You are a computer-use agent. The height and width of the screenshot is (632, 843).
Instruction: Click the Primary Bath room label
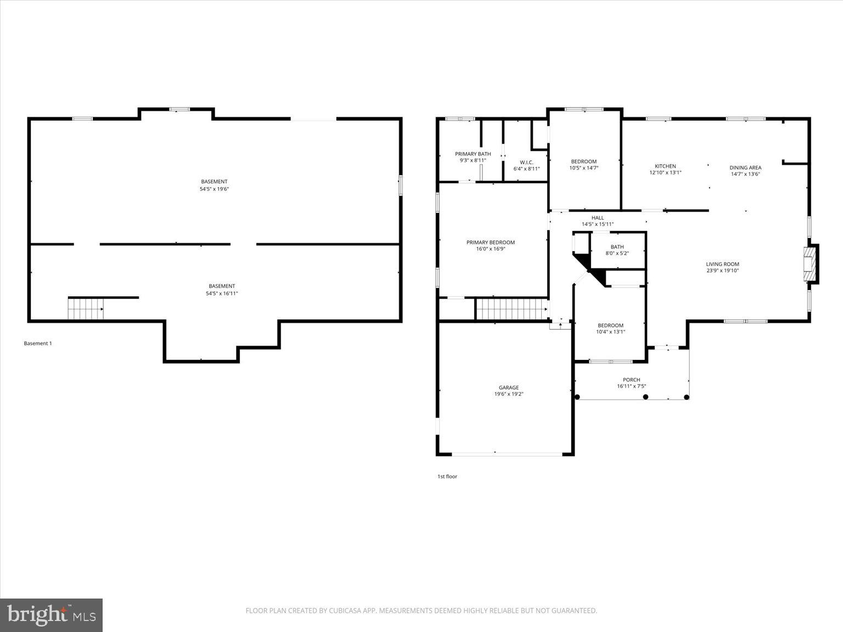pyautogui.click(x=473, y=154)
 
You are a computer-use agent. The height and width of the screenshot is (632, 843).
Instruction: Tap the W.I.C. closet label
pyautogui.click(x=526, y=162)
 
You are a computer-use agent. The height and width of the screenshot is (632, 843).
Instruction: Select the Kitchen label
pyautogui.click(x=665, y=166)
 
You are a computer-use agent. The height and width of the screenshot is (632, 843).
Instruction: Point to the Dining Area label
pyautogui.click(x=745, y=168)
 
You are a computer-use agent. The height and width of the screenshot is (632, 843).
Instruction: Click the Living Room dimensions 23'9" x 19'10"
pyautogui.click(x=722, y=270)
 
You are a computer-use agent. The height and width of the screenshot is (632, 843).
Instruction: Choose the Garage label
pyautogui.click(x=509, y=388)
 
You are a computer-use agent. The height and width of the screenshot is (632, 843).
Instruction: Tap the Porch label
pyautogui.click(x=631, y=380)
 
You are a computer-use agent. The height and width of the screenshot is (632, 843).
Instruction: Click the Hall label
pyautogui.click(x=598, y=218)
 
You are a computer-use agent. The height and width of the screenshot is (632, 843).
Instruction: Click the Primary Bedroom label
pyautogui.click(x=491, y=242)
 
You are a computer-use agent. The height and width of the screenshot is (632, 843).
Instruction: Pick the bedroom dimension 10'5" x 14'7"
pyautogui.click(x=583, y=168)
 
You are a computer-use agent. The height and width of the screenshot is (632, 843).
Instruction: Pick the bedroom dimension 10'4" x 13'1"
pyautogui.click(x=610, y=332)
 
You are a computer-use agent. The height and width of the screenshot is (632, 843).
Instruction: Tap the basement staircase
pyautogui.click(x=86, y=309)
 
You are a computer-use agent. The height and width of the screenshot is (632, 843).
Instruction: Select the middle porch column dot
pyautogui.click(x=645, y=397)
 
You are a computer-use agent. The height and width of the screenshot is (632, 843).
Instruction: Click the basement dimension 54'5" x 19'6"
pyautogui.click(x=214, y=189)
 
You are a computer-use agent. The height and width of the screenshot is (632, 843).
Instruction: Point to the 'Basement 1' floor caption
pyautogui.click(x=38, y=343)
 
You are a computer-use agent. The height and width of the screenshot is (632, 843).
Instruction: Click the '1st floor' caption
pyautogui.click(x=447, y=476)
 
